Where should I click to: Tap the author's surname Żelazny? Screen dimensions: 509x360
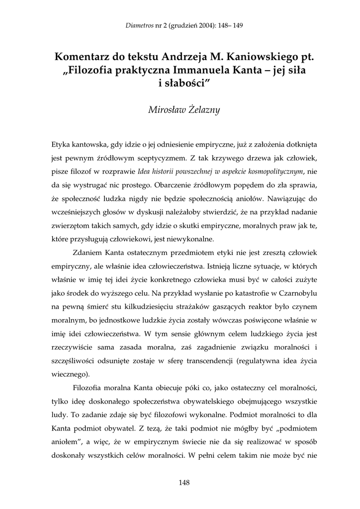203,110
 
